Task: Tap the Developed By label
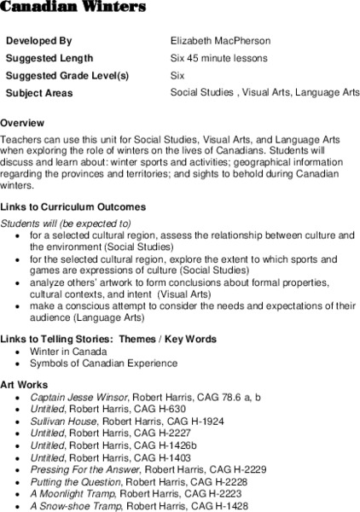(39, 41)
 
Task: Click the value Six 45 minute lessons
(219, 58)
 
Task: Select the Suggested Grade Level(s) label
(67, 75)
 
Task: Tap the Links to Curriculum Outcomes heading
(73, 207)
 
